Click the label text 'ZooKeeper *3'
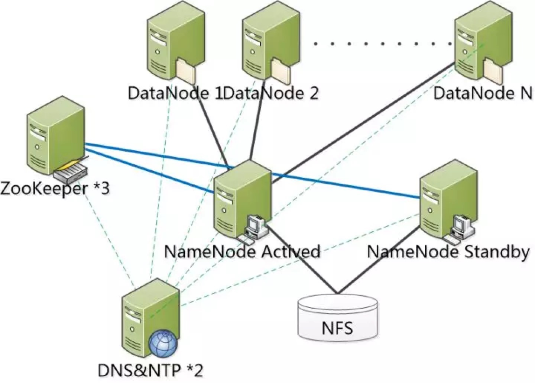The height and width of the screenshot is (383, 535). (55, 189)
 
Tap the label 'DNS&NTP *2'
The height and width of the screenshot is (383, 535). (150, 370)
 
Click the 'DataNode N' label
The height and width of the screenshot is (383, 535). (483, 93)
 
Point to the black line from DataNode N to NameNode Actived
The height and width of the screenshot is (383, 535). (363, 123)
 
